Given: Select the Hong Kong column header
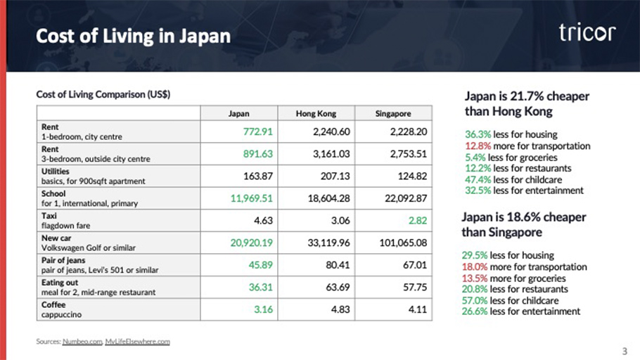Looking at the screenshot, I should click(x=316, y=113).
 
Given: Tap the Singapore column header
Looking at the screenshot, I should click(x=392, y=113).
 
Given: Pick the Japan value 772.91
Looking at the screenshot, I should click(x=256, y=131).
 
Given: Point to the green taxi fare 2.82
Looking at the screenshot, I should click(x=415, y=221).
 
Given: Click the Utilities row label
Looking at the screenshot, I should click(x=53, y=171).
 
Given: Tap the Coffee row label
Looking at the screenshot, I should click(x=52, y=304).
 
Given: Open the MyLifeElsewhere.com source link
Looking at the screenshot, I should click(x=137, y=342).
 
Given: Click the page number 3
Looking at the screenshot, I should click(x=625, y=351).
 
